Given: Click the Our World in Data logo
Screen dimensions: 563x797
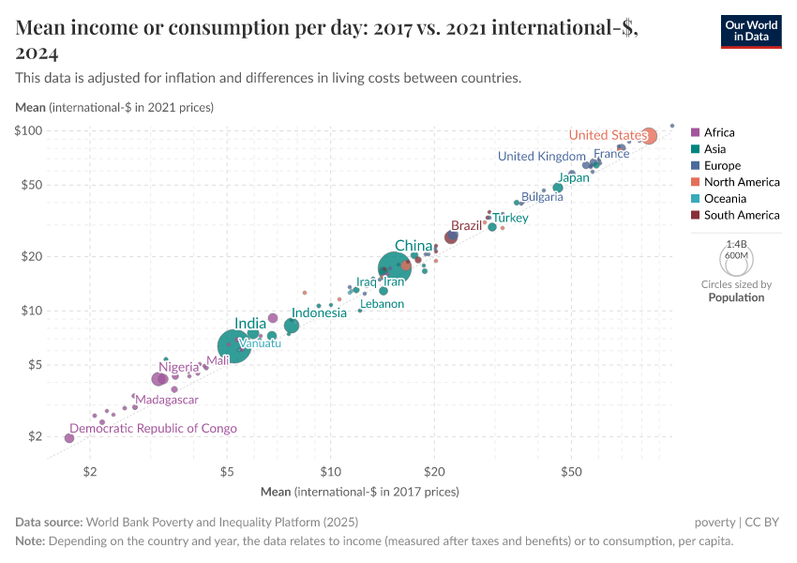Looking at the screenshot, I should [751, 31].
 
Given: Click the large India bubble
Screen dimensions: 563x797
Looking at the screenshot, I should [233, 345].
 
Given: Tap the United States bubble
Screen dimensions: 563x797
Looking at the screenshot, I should [649, 136].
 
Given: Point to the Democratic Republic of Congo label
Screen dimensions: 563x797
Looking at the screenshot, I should [154, 428].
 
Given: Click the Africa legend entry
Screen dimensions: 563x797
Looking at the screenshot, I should [719, 132].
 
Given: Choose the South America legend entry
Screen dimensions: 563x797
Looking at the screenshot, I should [741, 215].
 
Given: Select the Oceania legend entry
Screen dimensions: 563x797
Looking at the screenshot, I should [725, 199].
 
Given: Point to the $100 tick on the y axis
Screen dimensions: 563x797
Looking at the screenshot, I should [31, 130].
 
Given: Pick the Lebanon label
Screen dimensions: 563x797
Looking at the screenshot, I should [382, 304].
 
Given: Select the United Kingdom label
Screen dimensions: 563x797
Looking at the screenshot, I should [541, 156].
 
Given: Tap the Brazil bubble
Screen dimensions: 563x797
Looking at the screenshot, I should [451, 237].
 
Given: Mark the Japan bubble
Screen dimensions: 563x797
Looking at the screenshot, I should [558, 188].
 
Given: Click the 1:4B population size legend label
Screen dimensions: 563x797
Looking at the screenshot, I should [736, 244].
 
